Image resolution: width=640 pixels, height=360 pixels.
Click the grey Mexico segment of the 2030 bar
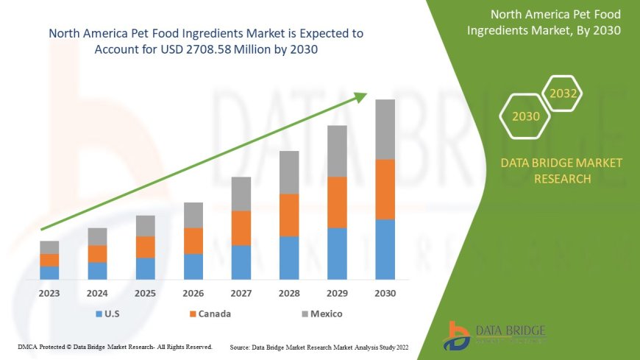coord(385,130)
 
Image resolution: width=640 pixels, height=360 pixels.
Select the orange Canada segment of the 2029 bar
coord(337,202)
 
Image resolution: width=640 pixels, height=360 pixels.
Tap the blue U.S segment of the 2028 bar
coord(289,258)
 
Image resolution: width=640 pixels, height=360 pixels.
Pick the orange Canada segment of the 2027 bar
coord(241,228)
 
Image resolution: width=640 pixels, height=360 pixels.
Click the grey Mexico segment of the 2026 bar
coord(193,215)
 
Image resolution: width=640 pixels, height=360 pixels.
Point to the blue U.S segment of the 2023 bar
coord(49,272)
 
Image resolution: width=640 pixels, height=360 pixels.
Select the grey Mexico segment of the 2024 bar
coord(97,236)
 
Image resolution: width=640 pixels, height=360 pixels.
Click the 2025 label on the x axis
coord(146,293)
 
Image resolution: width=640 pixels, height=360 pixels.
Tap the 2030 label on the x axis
coord(385,293)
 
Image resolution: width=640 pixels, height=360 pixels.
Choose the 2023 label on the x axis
coord(49,293)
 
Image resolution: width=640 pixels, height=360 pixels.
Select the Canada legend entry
coord(210,314)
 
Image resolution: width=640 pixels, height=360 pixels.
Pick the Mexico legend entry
coord(321,314)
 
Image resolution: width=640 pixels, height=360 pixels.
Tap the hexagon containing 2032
coord(563,94)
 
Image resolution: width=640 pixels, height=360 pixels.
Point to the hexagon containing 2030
coord(525,116)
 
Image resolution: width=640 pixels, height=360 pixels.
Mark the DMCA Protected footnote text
coord(114,346)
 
